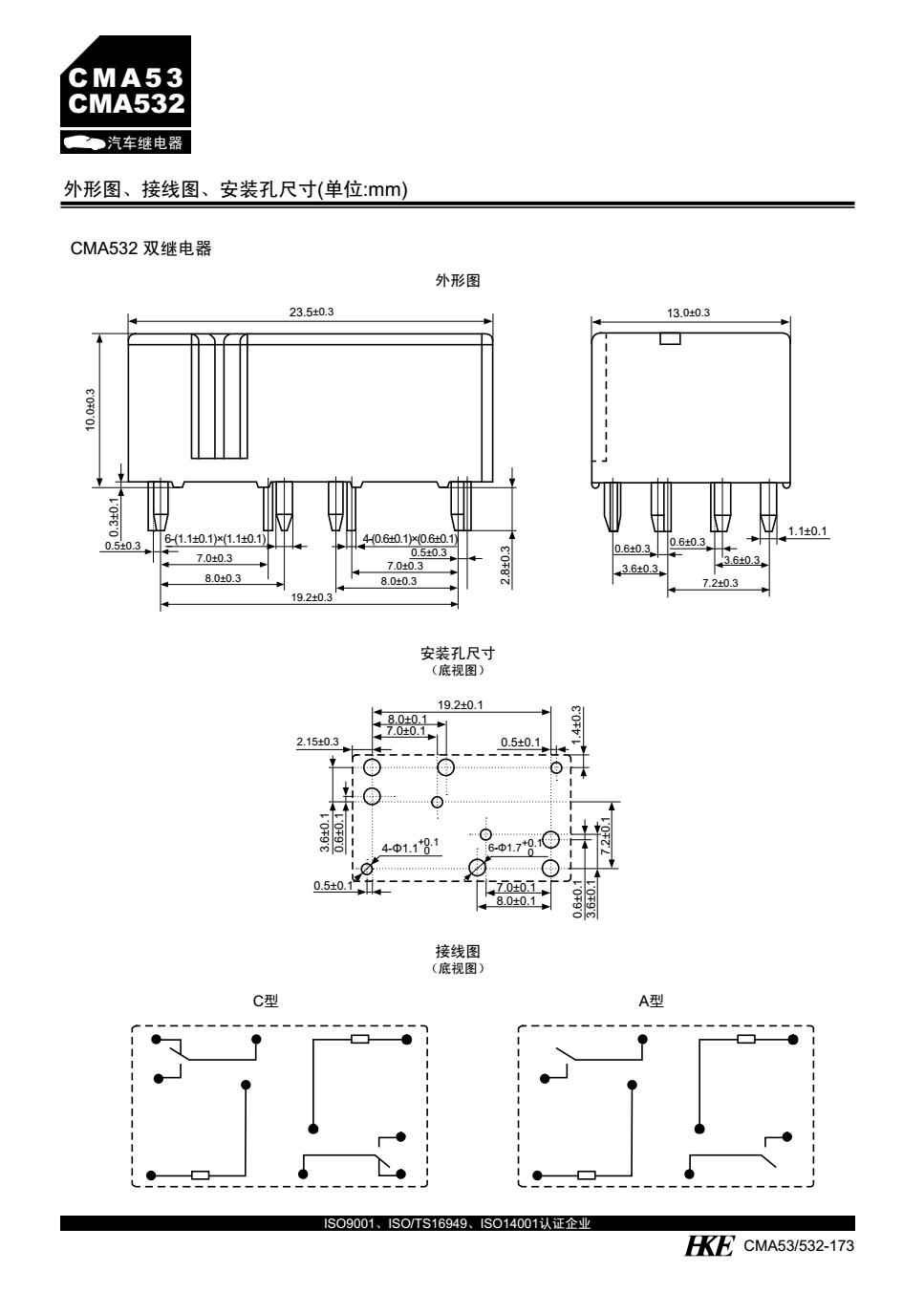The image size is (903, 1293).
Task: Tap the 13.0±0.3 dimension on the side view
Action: tap(688, 312)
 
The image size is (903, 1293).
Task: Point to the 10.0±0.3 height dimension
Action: tap(91, 408)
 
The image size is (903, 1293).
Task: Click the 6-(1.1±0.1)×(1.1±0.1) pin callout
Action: tap(215, 539)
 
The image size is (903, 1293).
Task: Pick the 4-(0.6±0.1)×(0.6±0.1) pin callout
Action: tap(410, 539)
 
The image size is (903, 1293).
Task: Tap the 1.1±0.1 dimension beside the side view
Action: tap(808, 531)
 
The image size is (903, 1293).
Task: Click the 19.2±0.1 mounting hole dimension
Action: tap(461, 705)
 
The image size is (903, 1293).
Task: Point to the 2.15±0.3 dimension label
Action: tap(318, 742)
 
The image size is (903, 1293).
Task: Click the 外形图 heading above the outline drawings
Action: tap(457, 281)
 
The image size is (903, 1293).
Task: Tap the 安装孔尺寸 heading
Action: tap(458, 654)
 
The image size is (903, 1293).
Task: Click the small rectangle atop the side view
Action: tap(670, 338)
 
